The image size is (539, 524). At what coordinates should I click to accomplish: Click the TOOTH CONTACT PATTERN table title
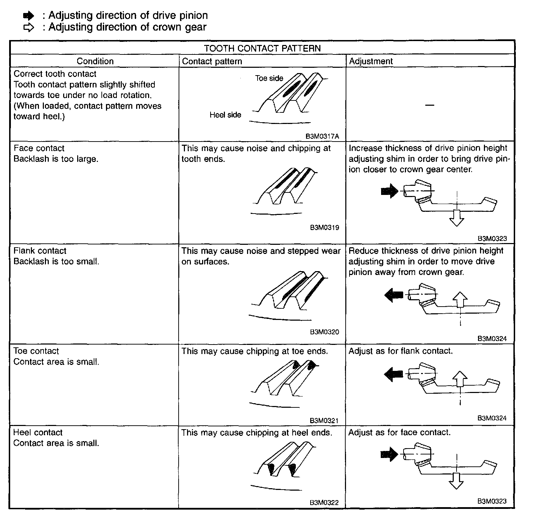pos(262,48)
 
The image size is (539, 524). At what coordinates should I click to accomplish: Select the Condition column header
pos(95,61)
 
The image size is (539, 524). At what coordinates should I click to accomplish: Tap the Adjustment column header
pos(371,61)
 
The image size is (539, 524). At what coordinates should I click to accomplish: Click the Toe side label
pos(269,78)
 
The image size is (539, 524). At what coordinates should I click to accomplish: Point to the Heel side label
pos(225,115)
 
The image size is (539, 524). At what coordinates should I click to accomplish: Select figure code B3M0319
pos(324,228)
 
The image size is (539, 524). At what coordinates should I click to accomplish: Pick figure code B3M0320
pos(324,332)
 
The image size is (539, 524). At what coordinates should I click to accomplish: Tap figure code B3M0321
pos(324,421)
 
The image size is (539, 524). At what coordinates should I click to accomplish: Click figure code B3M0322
pos(324,503)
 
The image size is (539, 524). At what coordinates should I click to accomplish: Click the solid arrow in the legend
pos(29,16)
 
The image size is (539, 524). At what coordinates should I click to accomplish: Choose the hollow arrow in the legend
pos(29,27)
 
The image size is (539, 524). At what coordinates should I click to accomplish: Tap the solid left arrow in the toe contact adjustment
pos(394,374)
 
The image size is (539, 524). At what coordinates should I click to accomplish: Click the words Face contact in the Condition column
pos(39,148)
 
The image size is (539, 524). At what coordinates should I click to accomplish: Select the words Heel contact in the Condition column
pos(38,432)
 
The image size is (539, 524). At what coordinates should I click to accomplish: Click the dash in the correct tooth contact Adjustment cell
pos(430,105)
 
